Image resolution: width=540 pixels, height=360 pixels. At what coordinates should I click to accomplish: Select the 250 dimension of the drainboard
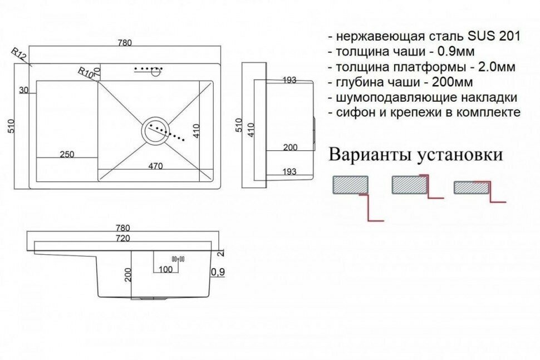67,154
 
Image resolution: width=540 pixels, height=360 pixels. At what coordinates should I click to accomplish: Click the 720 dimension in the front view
122,239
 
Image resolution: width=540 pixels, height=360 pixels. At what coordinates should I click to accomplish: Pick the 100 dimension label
165,270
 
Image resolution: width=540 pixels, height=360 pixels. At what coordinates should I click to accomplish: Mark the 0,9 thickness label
217,272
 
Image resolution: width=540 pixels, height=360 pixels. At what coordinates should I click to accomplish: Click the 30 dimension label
23,91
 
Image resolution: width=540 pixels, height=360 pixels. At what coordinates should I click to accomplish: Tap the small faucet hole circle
158,70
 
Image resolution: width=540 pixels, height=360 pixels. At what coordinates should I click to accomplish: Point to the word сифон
351,112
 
